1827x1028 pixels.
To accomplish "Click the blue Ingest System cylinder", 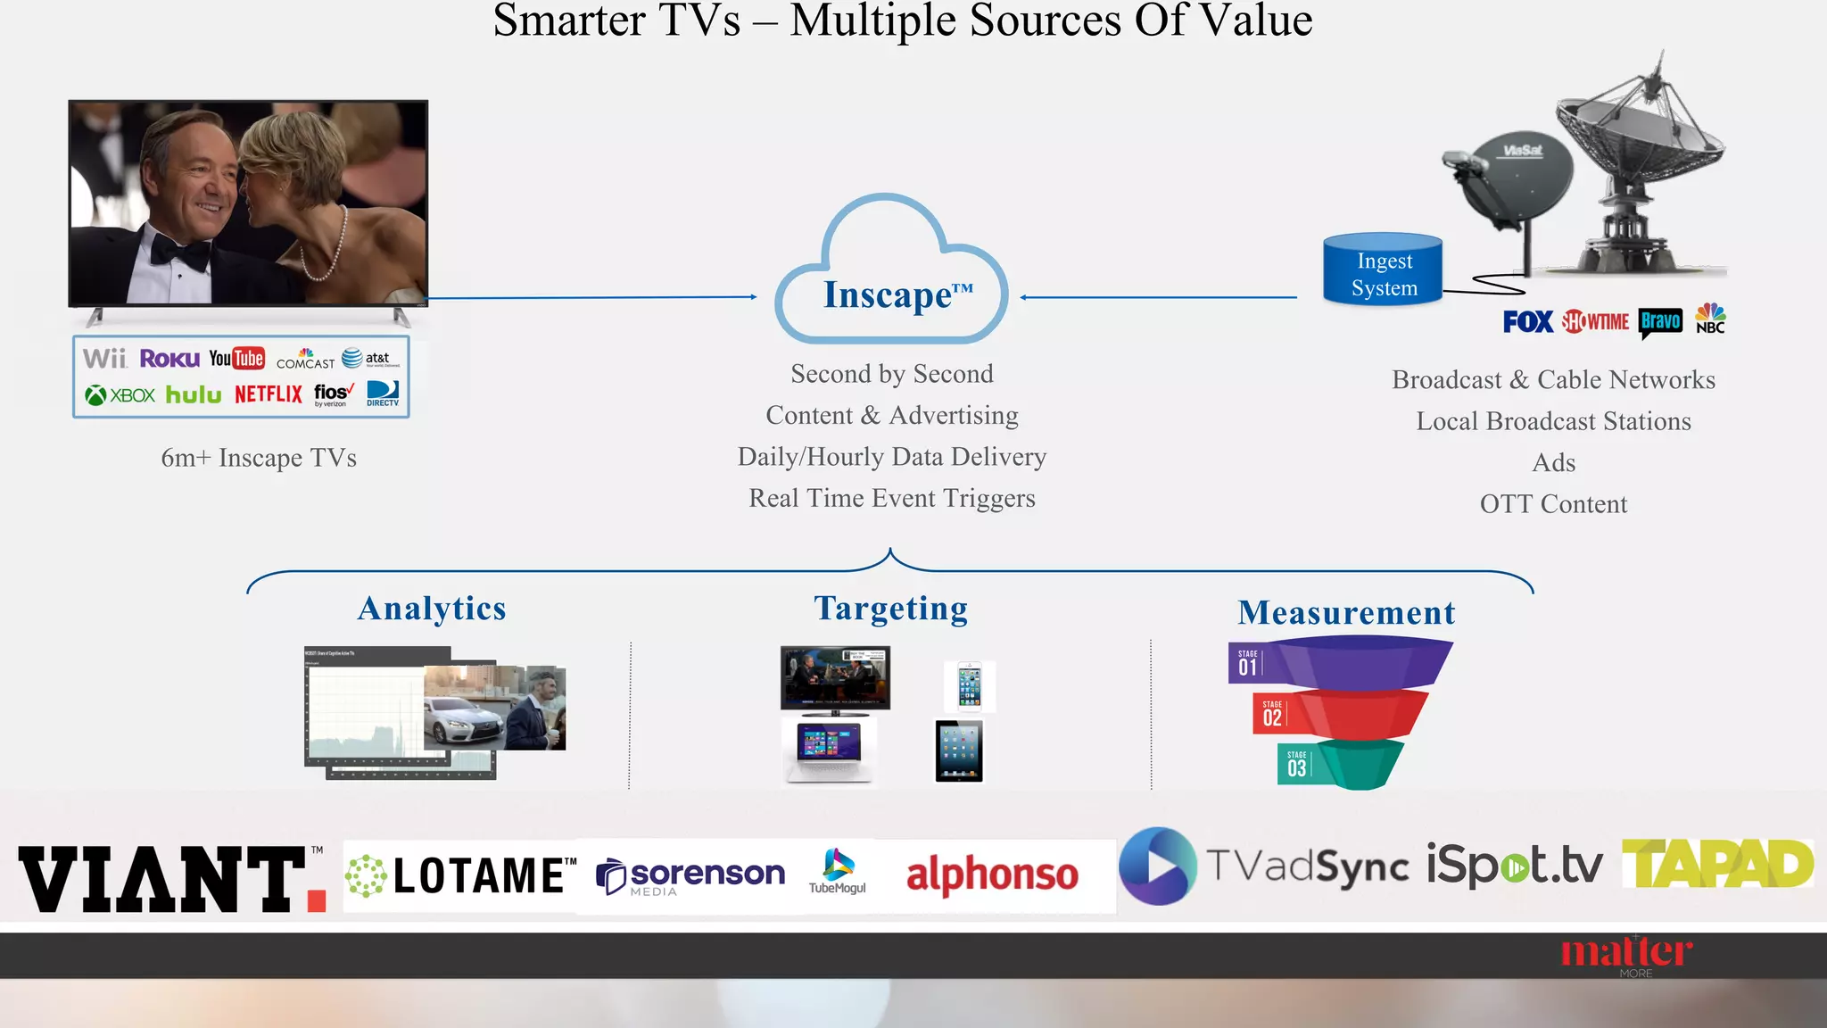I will [x=1383, y=270].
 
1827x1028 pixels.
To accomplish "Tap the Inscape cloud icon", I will [x=892, y=277].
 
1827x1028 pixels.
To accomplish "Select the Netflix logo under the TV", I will [x=269, y=394].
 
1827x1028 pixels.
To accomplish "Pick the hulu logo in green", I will [x=194, y=395].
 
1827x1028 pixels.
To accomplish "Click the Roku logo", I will [x=169, y=359].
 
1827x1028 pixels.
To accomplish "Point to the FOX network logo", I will [x=1527, y=321].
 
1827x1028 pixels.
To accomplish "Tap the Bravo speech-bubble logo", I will [x=1660, y=322].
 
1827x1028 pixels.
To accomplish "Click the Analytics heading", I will [x=432, y=609].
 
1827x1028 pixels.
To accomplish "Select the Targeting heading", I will [x=890, y=609].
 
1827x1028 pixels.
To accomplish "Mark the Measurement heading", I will [x=1346, y=613].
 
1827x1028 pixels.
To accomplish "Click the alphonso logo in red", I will [x=992, y=875].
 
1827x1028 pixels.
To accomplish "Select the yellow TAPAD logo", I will [x=1717, y=864].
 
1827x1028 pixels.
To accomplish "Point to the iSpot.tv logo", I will [x=1514, y=864].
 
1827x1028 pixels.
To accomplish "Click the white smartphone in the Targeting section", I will [x=969, y=685].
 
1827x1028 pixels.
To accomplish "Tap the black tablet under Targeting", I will [x=959, y=751].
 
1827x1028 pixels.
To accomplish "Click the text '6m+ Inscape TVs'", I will [x=259, y=458].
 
